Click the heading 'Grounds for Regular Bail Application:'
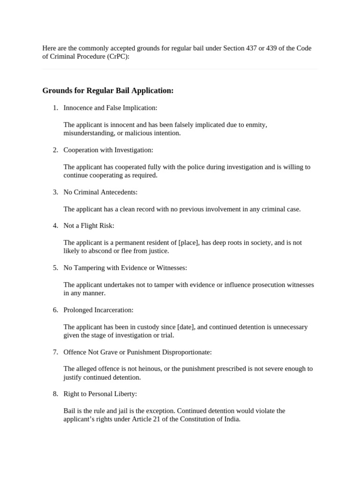pyautogui.click(x=108, y=90)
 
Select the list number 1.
pyautogui.click(x=55, y=108)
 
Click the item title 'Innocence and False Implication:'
pyautogui.click(x=110, y=108)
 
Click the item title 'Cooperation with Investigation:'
pyautogui.click(x=108, y=150)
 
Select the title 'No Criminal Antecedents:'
pyautogui.click(x=100, y=192)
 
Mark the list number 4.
pyautogui.click(x=55, y=225)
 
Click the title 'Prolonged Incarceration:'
pyautogui.click(x=98, y=310)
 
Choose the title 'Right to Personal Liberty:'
pyautogui.click(x=100, y=394)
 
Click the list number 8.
pyautogui.click(x=55, y=394)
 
